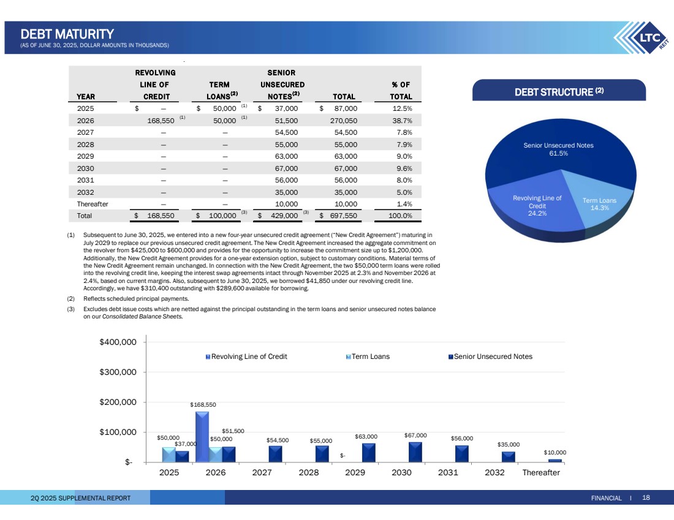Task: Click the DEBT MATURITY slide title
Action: coord(67,34)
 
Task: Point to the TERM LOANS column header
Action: coord(219,91)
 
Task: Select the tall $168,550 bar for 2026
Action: coord(202,436)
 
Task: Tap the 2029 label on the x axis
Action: coord(356,473)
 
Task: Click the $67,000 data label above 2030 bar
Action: coord(416,435)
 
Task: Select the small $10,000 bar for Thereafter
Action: coord(555,460)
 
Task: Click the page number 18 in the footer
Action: coord(646,497)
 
